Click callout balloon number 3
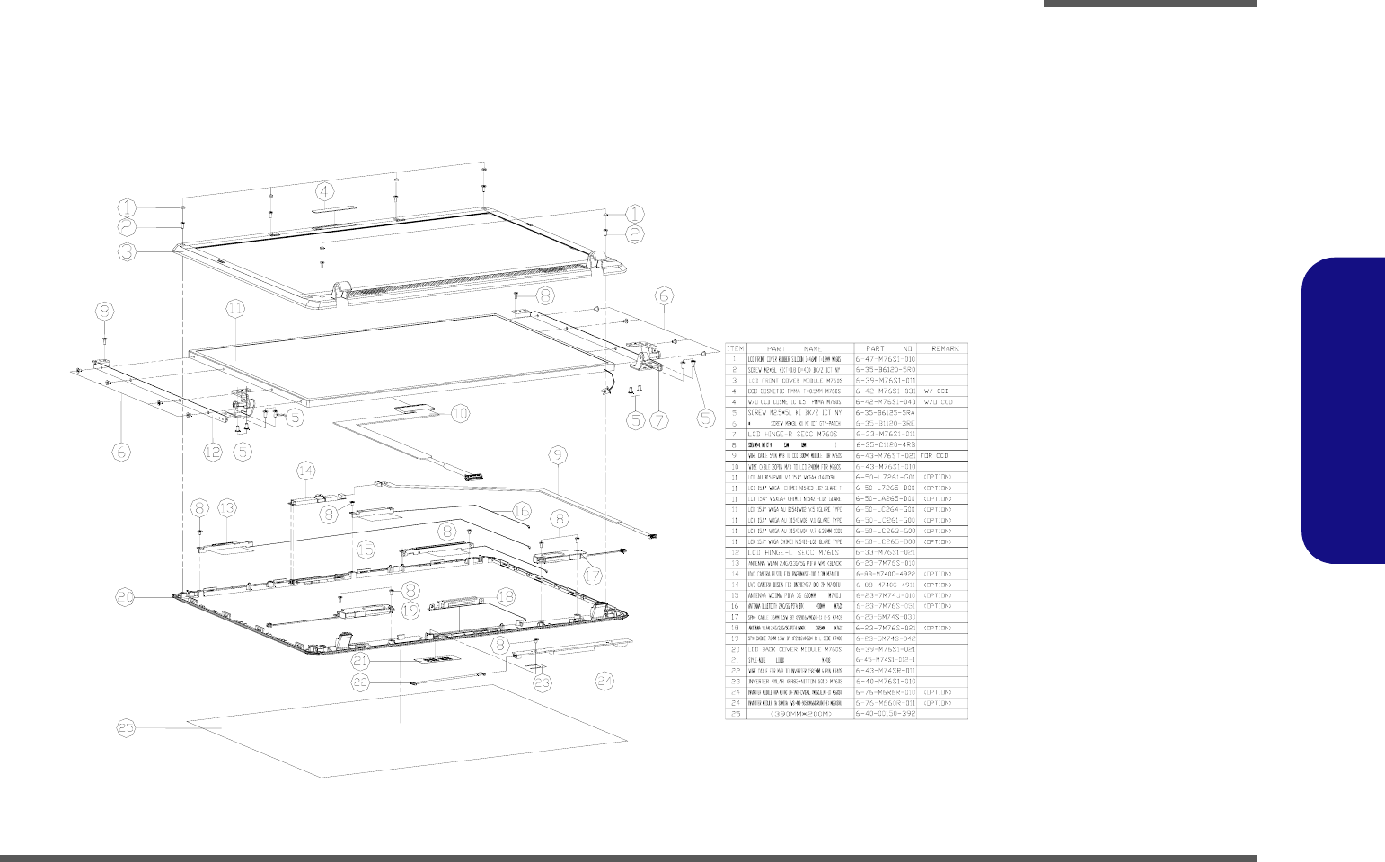pyautogui.click(x=129, y=252)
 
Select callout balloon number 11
pyautogui.click(x=234, y=308)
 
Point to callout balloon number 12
pyautogui.click(x=212, y=452)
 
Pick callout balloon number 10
pyautogui.click(x=459, y=414)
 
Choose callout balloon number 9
pyautogui.click(x=559, y=456)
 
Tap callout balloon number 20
pyautogui.click(x=128, y=594)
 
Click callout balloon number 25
pyautogui.click(x=129, y=727)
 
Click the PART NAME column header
pyautogui.click(x=799, y=348)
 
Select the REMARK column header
pyautogui.click(x=944, y=348)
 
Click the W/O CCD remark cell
pyautogui.click(x=938, y=402)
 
